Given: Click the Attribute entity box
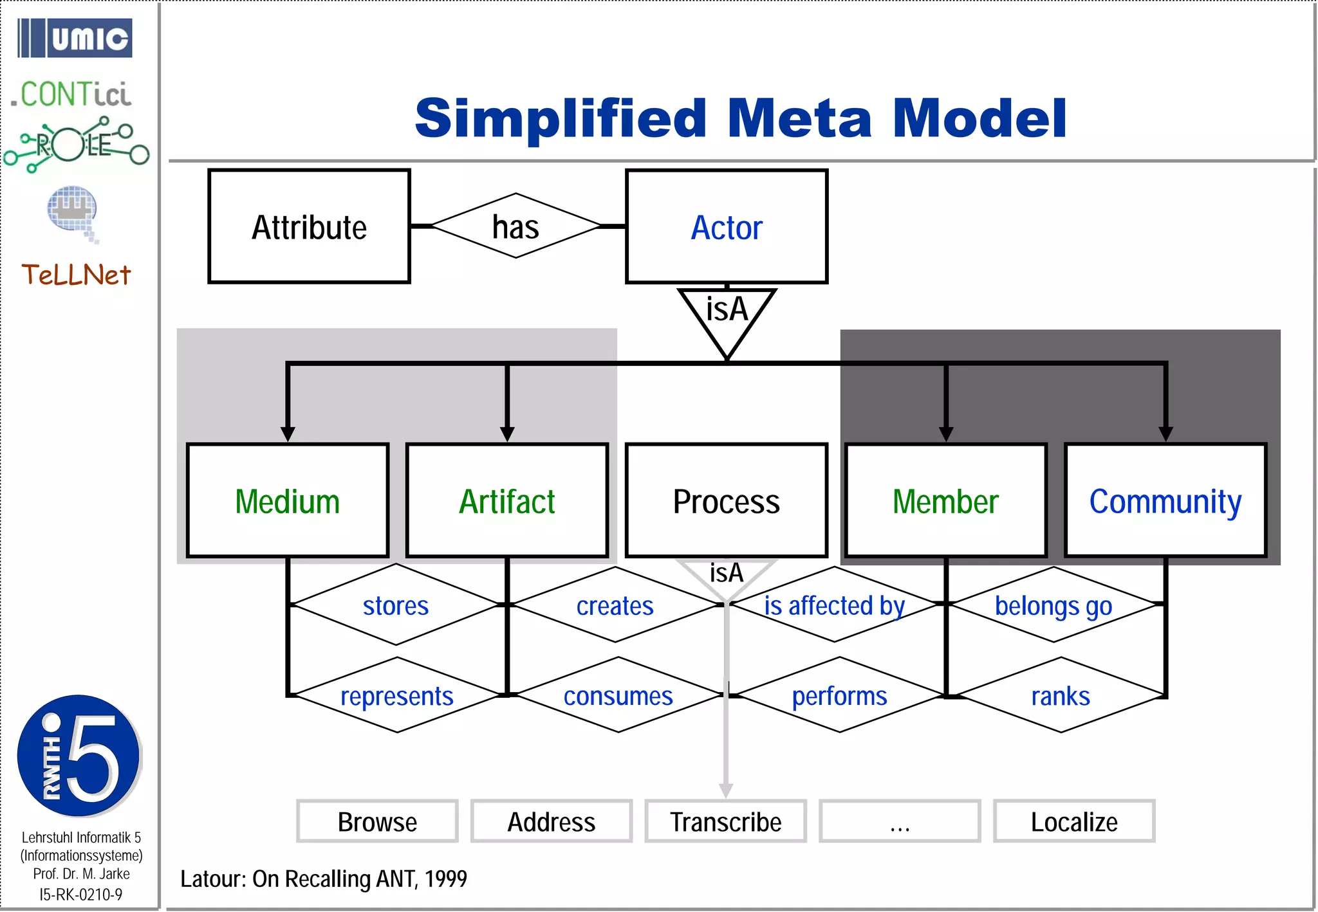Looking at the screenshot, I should click(309, 226).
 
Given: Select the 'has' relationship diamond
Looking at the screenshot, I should click(515, 226).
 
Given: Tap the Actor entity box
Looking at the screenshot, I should click(726, 226).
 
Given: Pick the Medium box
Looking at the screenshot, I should click(287, 500).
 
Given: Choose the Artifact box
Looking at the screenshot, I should click(506, 500).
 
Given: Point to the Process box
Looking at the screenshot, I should click(726, 500).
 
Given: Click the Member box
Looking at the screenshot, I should click(945, 500).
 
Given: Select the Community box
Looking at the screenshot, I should click(1165, 500).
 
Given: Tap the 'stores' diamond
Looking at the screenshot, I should click(396, 605).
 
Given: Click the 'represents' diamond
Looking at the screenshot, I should click(397, 695).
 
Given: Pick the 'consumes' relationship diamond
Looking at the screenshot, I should click(618, 695).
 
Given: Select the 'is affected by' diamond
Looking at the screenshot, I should click(835, 605).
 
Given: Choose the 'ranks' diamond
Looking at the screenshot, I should click(1061, 695).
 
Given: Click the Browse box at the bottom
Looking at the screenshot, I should click(377, 821).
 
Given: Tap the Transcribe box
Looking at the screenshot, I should click(725, 821).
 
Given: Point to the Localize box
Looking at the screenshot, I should click(1073, 821).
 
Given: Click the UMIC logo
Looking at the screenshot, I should click(75, 38).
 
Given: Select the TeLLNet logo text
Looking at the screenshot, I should click(76, 275).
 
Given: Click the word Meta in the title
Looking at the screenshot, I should click(800, 119).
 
